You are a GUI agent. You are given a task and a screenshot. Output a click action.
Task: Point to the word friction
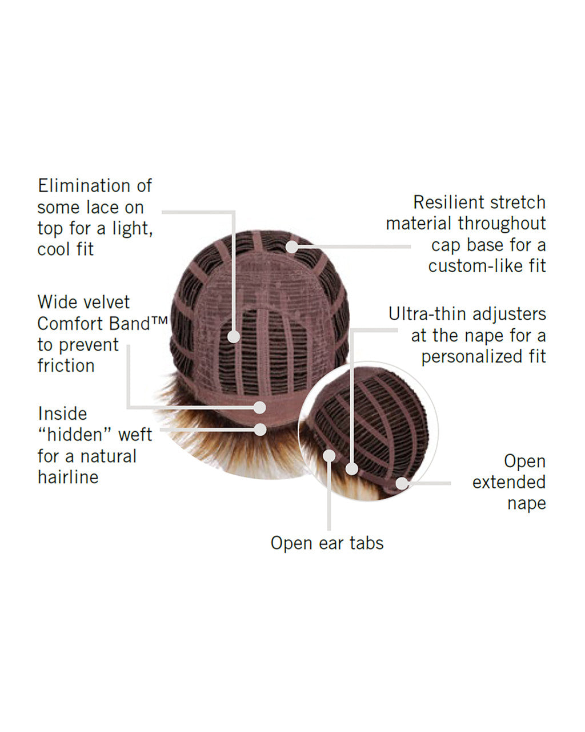(x=66, y=366)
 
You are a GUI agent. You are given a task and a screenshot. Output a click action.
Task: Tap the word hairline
(x=68, y=477)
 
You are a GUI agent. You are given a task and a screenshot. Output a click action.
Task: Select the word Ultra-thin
(x=428, y=314)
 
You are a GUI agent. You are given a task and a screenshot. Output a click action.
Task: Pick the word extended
(x=509, y=482)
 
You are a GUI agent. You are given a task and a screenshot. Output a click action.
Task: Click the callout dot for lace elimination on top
(x=234, y=337)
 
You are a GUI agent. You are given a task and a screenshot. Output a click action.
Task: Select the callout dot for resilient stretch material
(x=292, y=247)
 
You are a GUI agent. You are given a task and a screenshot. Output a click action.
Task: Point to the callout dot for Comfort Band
(x=260, y=408)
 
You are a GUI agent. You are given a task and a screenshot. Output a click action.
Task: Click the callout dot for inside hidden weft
(x=261, y=429)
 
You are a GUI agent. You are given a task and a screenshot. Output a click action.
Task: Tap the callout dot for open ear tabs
(x=329, y=456)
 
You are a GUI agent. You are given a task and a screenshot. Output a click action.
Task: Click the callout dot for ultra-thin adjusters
(x=352, y=469)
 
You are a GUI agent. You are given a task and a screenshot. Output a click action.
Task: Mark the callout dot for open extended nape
(x=402, y=483)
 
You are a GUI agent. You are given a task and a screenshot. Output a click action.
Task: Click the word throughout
(x=502, y=224)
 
